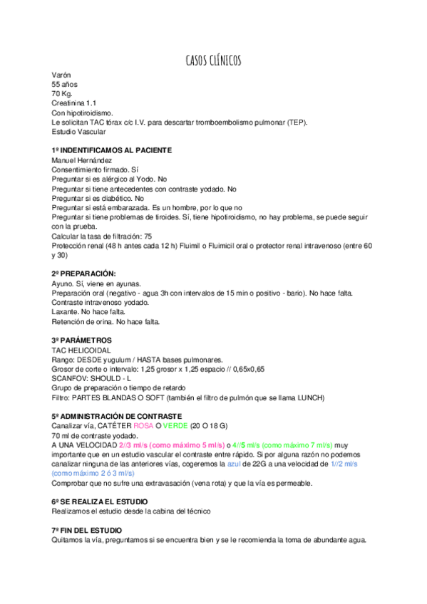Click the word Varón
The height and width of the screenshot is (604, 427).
[61, 75]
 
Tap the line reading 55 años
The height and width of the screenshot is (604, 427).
[66, 84]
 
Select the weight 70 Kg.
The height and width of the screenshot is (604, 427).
[63, 94]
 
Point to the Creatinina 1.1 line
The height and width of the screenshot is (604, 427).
[74, 103]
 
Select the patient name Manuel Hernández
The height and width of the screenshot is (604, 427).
[81, 160]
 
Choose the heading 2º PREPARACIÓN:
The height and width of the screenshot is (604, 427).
[83, 274]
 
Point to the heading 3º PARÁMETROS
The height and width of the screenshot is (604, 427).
[81, 340]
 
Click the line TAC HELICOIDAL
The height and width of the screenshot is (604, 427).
[80, 350]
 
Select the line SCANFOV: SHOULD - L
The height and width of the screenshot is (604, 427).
[91, 378]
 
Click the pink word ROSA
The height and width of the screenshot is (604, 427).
[143, 426]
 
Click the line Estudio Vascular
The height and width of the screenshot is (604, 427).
[78, 131]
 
